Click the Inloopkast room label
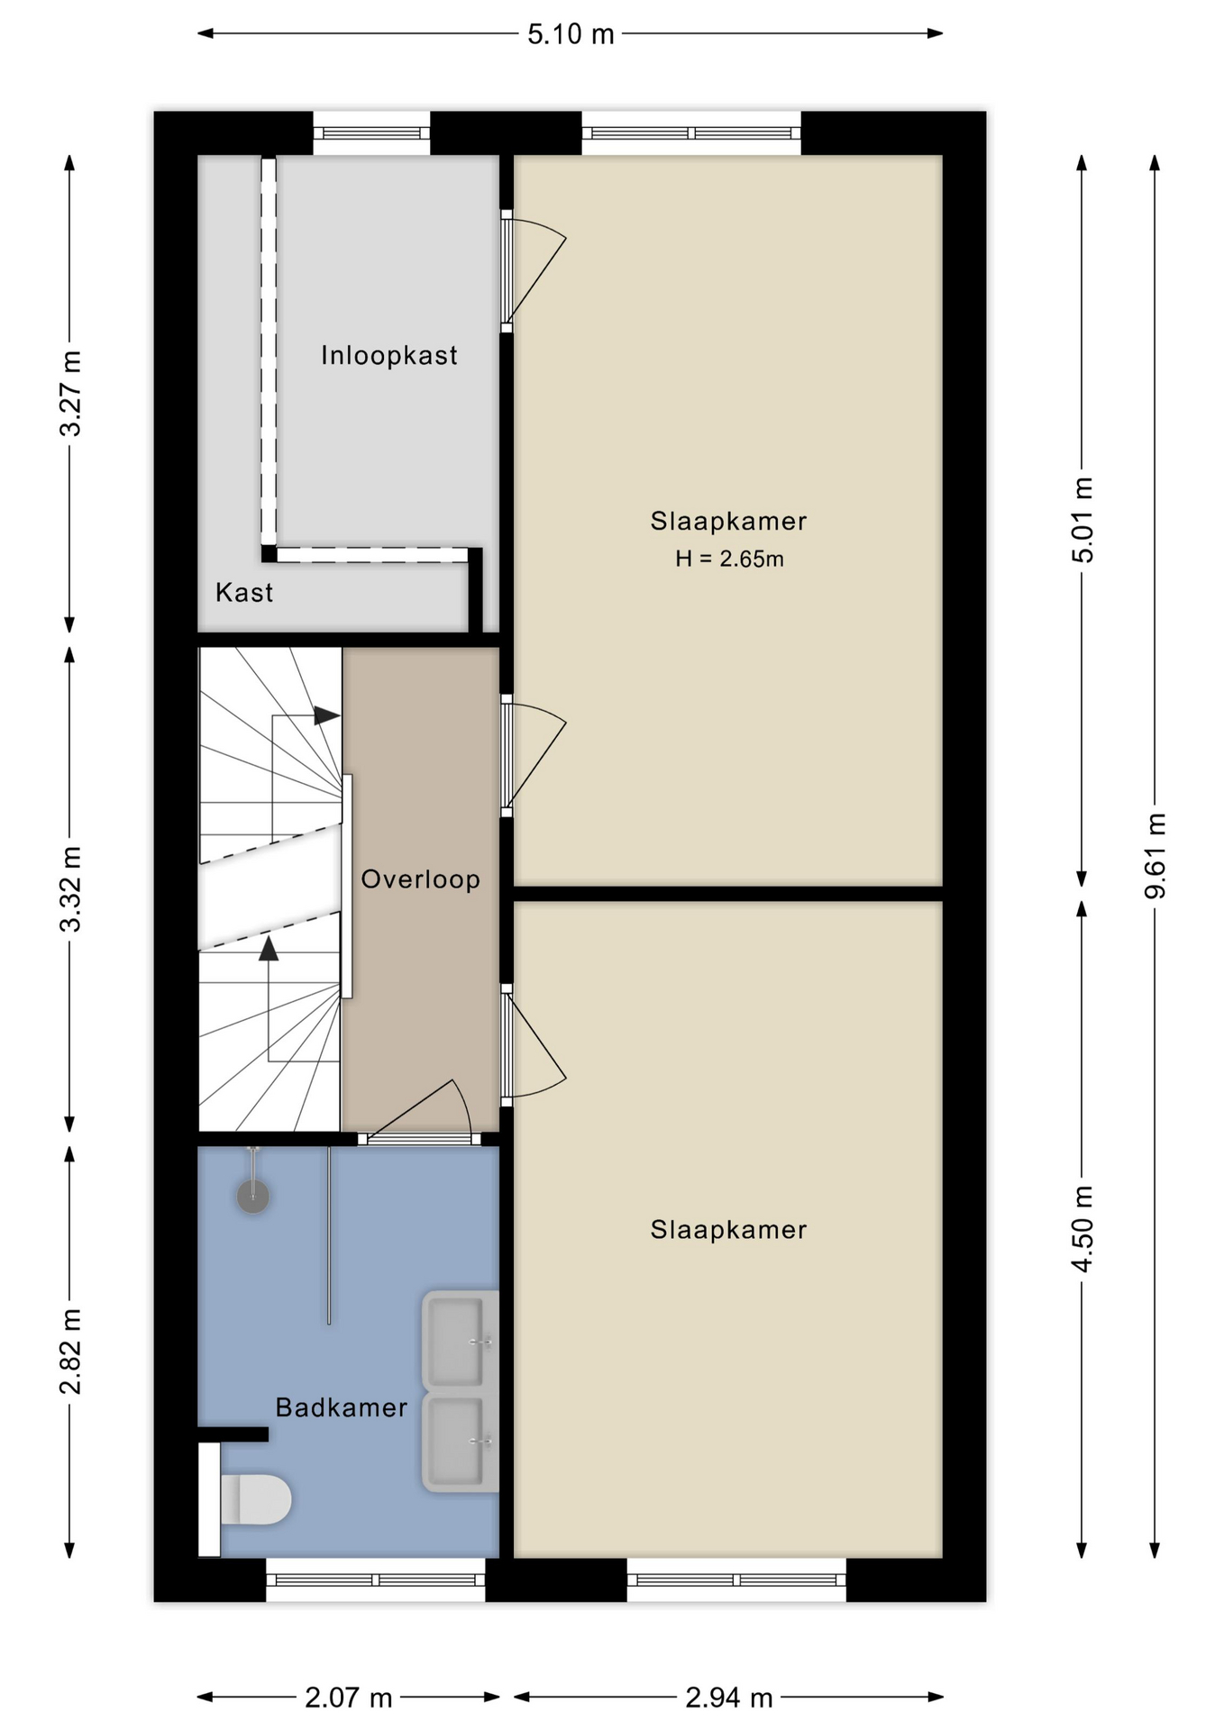388,355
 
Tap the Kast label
244,592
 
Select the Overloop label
420,879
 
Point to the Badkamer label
341,1407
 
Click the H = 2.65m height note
729,559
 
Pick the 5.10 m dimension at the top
571,34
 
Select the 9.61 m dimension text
1155,855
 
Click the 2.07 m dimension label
348,1698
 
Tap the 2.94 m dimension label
729,1698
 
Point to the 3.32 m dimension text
70,889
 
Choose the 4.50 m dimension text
1082,1229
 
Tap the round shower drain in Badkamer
253,1196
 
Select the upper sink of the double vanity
460,1340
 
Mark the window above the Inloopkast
371,133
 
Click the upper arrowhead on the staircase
326,716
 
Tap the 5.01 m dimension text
1082,520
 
